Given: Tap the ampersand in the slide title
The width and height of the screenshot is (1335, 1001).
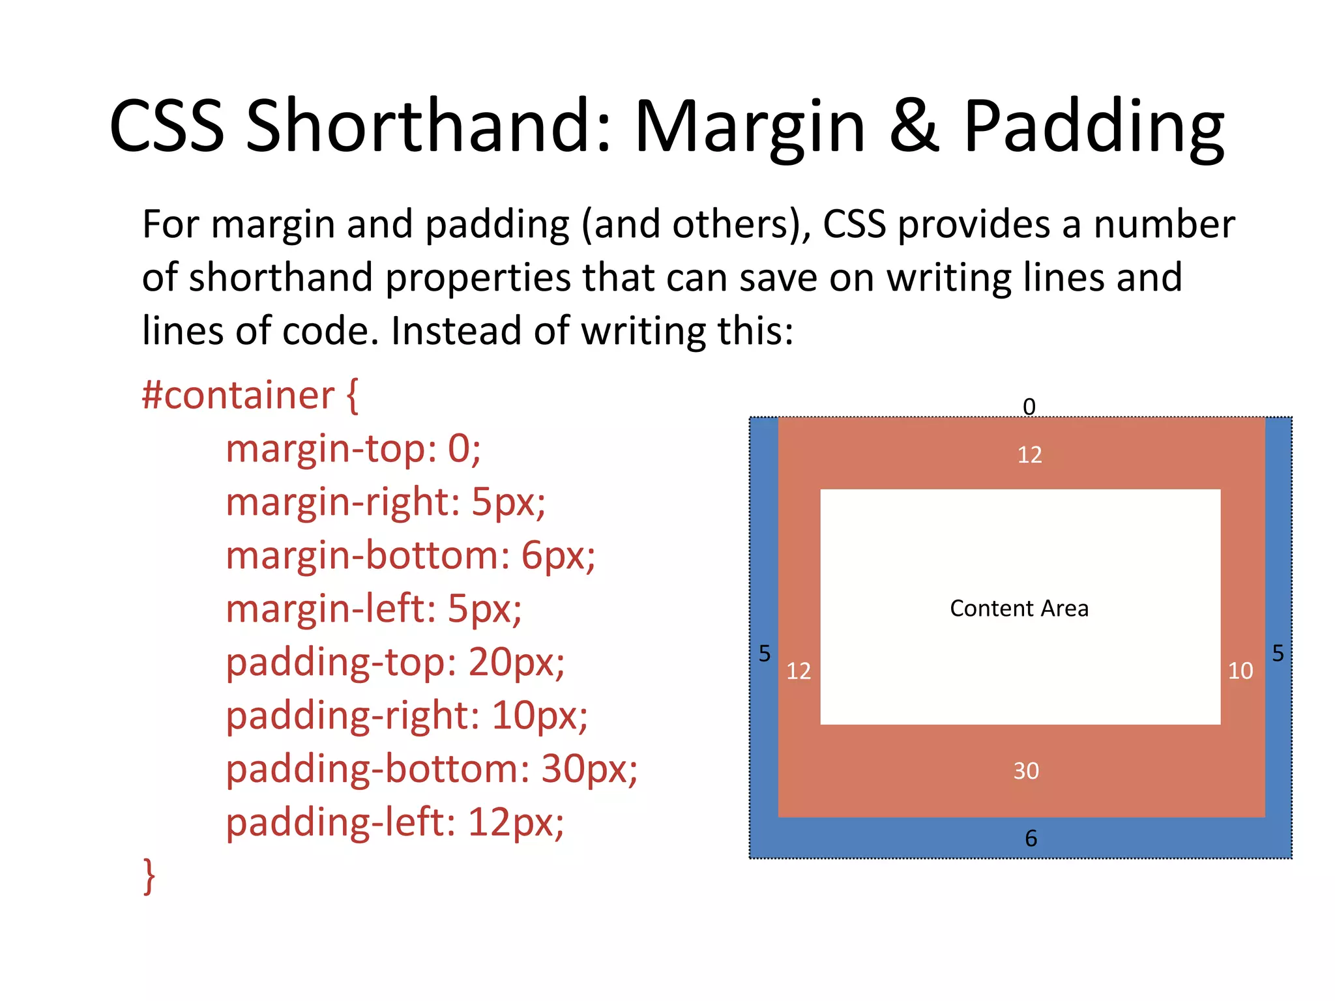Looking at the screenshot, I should click(914, 125).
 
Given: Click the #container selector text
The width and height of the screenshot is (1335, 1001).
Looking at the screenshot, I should click(239, 396).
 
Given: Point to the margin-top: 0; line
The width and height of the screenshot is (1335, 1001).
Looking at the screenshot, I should click(353, 449).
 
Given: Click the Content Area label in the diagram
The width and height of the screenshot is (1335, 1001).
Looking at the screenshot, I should click(1019, 608).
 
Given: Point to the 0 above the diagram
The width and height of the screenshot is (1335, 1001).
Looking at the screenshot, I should click(1029, 407).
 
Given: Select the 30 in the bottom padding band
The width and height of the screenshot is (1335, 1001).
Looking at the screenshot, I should click(1025, 771).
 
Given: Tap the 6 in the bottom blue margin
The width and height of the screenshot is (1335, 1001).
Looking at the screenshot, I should click(1031, 838).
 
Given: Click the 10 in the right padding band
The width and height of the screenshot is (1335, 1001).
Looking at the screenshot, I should click(1240, 671).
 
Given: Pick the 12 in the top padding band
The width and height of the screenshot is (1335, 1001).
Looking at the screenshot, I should click(1029, 454).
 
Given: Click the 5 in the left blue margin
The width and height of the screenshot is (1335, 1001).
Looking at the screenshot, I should click(764, 653).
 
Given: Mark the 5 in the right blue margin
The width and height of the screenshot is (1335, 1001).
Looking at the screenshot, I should click(1278, 653).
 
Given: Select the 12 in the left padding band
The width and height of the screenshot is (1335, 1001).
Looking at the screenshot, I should click(798, 671).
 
